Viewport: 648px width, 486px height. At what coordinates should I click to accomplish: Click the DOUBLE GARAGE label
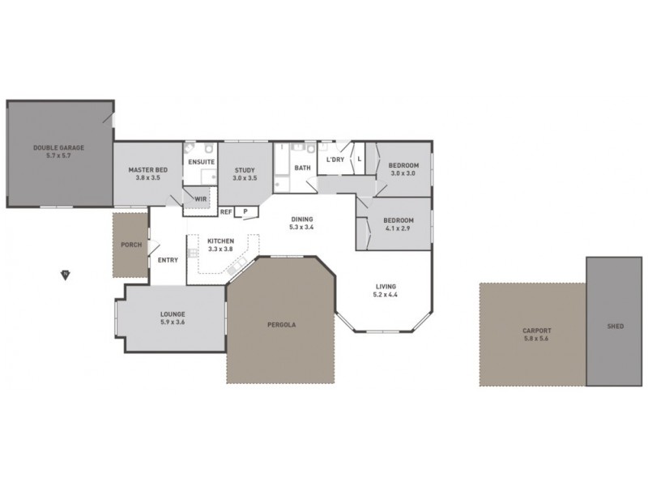pyautogui.click(x=58, y=147)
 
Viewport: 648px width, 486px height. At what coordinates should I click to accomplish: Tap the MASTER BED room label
pyautogui.click(x=148, y=170)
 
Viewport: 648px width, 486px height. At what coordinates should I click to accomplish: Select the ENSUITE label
pyautogui.click(x=202, y=162)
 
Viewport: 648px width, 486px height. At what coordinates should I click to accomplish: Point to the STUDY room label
pyautogui.click(x=245, y=170)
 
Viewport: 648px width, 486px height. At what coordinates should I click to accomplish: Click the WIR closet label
pyautogui.click(x=200, y=198)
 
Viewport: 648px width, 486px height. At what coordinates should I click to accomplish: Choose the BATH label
pyautogui.click(x=302, y=168)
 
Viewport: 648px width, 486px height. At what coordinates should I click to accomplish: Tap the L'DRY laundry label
pyautogui.click(x=335, y=160)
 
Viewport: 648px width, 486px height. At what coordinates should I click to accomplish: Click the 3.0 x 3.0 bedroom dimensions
pyautogui.click(x=403, y=173)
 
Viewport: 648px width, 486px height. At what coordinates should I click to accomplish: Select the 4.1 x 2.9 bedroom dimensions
pyautogui.click(x=399, y=228)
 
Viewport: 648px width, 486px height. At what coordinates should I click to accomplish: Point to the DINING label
pyautogui.click(x=301, y=219)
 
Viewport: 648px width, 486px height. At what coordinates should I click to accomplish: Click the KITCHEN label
pyautogui.click(x=220, y=241)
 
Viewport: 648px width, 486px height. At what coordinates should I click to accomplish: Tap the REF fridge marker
pyautogui.click(x=226, y=211)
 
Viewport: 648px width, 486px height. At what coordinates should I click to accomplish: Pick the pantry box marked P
pyautogui.click(x=245, y=211)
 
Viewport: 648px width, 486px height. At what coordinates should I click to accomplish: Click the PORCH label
pyautogui.click(x=131, y=245)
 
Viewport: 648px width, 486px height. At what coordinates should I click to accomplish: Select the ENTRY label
pyautogui.click(x=168, y=260)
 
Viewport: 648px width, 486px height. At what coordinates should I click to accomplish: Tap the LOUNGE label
pyautogui.click(x=173, y=314)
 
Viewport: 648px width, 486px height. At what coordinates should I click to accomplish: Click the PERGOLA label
pyautogui.click(x=281, y=324)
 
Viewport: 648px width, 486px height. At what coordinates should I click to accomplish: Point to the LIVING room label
pyautogui.click(x=386, y=286)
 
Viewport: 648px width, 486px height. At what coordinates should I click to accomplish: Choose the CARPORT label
pyautogui.click(x=536, y=330)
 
